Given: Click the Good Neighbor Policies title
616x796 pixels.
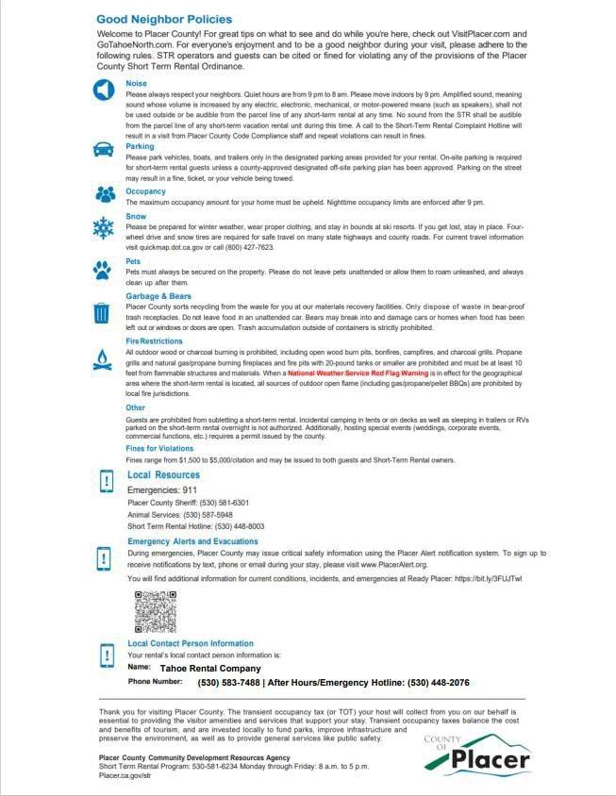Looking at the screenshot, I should pos(163,19).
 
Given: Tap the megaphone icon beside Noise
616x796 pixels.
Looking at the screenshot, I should pos(103,91).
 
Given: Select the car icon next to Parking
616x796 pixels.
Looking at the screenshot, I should pos(103,150).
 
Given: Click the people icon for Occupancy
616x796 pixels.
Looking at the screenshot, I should pos(103,194).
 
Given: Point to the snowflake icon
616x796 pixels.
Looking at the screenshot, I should pos(103,227).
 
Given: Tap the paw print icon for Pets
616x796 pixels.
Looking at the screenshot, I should pos(103,270).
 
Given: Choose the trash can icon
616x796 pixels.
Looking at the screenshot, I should pos(103,312).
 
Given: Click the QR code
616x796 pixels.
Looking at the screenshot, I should pos(156,611).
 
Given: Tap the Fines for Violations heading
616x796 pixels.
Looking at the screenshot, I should pos(161,448).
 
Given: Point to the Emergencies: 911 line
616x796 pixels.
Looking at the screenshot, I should pos(162,490).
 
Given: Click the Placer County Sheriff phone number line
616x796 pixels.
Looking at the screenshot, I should pos(188,504).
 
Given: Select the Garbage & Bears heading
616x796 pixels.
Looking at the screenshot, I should pos(159,296).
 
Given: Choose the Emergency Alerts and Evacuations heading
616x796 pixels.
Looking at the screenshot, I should pos(192,541).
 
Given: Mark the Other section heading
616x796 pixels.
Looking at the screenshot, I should pos(135,408).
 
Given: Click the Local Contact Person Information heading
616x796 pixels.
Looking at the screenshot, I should pos(190,643).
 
